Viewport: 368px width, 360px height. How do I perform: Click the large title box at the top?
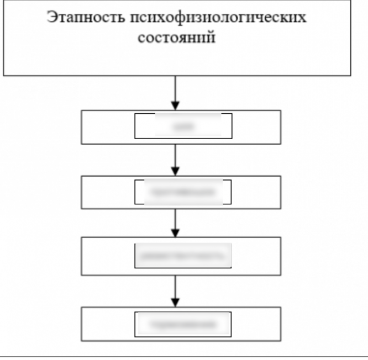tap(177, 61)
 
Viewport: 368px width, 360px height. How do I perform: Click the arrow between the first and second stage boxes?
tap(175, 160)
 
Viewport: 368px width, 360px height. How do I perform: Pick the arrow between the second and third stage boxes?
tap(175, 223)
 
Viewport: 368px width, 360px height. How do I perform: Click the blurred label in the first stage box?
tap(183, 126)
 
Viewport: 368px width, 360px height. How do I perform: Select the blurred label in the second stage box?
tap(183, 192)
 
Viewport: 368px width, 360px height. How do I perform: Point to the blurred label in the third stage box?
tap(183, 256)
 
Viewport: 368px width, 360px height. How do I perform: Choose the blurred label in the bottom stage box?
tap(183, 324)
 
